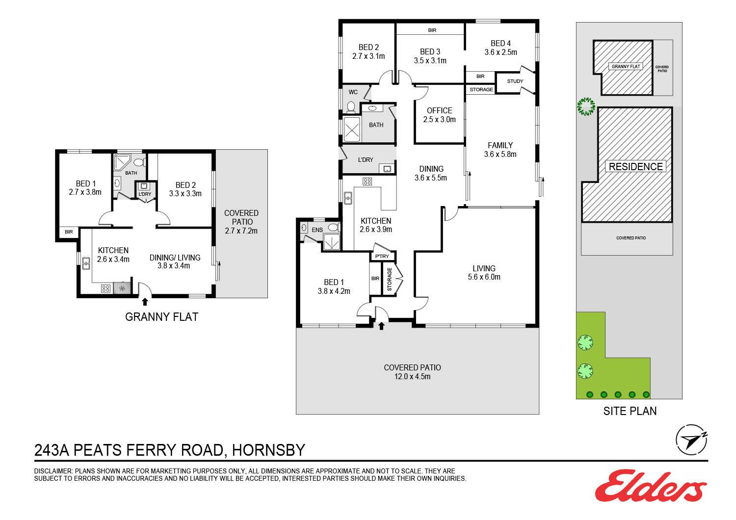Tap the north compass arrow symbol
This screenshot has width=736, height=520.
click(x=691, y=440)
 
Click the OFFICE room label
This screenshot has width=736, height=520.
click(x=439, y=111)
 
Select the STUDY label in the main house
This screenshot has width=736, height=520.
click(x=515, y=81)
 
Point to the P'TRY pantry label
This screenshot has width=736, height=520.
click(x=382, y=256)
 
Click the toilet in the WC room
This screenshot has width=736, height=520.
click(x=351, y=106)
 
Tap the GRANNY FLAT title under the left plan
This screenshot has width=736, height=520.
click(x=161, y=317)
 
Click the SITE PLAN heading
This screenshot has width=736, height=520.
click(x=630, y=411)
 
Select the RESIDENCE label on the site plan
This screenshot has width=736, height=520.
click(x=635, y=166)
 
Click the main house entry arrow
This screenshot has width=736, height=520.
click(x=381, y=326)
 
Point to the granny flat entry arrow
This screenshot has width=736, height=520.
click(x=145, y=302)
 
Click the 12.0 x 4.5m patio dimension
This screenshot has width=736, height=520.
click(x=412, y=376)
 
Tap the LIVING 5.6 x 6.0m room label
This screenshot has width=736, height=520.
click(x=484, y=273)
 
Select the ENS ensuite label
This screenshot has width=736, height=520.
click(x=317, y=230)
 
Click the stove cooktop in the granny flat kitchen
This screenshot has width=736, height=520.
click(x=106, y=288)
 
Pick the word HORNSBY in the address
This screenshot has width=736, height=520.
click(x=268, y=450)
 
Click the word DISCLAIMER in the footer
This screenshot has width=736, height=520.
click(x=52, y=471)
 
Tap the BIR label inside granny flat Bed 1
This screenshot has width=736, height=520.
click(x=69, y=232)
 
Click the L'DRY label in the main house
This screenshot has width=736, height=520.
click(x=366, y=160)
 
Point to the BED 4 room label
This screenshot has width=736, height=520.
click(x=500, y=43)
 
